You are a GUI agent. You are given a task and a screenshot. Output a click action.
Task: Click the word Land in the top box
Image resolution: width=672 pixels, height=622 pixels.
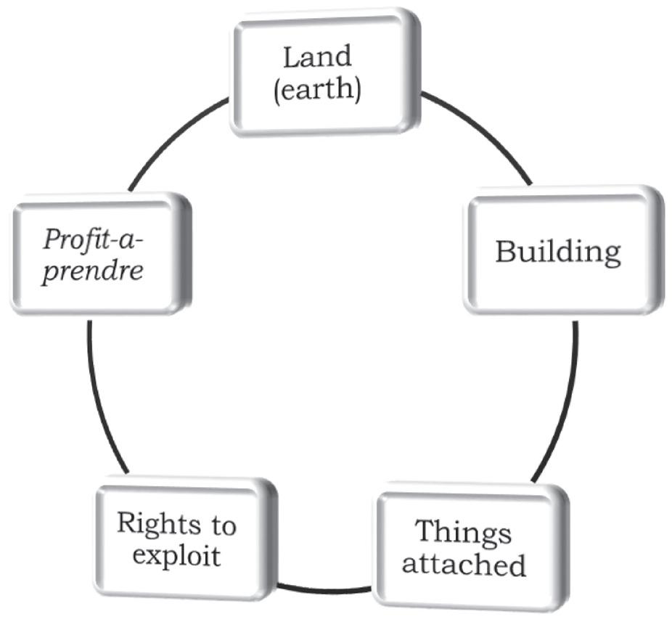[x=316, y=56]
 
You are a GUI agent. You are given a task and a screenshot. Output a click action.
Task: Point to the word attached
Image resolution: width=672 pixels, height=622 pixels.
[x=464, y=564]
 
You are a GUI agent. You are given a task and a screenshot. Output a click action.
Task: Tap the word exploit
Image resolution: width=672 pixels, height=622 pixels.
[x=176, y=556]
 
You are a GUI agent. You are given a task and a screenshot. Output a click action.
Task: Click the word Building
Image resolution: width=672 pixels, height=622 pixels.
[x=558, y=252]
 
